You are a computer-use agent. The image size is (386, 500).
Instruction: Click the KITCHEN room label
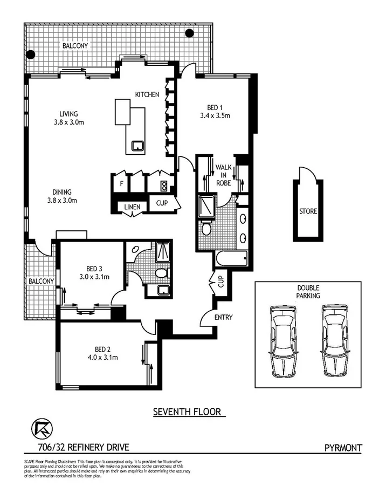point(147,95)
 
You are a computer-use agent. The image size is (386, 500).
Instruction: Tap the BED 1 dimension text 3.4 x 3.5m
point(211,115)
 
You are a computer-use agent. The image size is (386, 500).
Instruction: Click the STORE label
point(308,211)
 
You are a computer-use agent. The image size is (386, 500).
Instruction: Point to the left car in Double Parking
point(284,341)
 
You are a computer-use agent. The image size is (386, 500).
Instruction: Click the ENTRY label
point(223,317)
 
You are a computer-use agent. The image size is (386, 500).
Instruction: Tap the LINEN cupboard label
point(132,207)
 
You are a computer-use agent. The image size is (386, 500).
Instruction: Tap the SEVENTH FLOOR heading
point(187,412)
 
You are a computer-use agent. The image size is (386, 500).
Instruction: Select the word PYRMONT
point(343,447)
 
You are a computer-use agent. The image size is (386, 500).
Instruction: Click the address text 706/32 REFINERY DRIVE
point(75,447)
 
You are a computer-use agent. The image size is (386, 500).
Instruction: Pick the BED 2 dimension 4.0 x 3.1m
point(103,357)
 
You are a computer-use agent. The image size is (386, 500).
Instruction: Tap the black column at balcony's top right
point(189,33)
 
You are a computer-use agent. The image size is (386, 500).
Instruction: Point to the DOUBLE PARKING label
point(308,292)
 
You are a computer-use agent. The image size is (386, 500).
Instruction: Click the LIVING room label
point(69,114)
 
